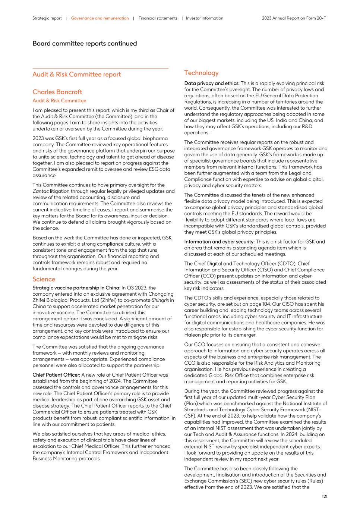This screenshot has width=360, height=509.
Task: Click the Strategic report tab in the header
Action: coord(47,18)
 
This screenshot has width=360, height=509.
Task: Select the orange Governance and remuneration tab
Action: coord(100,18)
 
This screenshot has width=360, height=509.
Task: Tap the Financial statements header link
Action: coord(158,18)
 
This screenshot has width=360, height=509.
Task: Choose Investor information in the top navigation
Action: coord(205,18)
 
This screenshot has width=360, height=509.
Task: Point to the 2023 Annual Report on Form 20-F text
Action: coord(294,18)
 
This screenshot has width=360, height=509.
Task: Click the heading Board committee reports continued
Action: coord(85,44)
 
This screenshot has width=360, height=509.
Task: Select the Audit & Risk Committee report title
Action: coord(76,75)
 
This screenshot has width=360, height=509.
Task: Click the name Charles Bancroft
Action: coord(57,92)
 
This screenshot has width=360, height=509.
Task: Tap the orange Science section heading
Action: coord(44,279)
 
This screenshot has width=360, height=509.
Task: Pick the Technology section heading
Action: coord(201,73)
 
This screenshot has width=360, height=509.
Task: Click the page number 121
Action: coord(324,496)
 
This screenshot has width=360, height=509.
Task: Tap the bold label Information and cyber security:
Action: coord(219,242)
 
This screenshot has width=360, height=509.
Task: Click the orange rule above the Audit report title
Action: coord(100,68)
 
